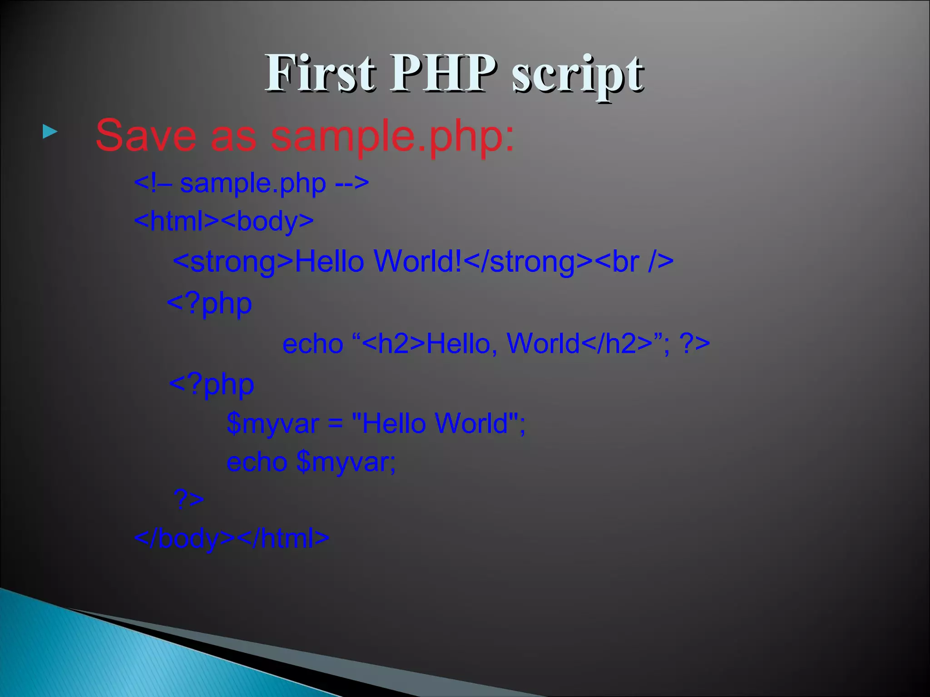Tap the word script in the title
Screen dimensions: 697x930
point(578,75)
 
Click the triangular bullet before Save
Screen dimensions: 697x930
point(50,132)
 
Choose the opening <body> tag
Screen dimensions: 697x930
point(268,221)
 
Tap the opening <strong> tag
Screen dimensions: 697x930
point(233,262)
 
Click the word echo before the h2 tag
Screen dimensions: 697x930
point(312,344)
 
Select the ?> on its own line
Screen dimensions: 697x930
point(189,500)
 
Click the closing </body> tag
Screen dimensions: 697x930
point(184,539)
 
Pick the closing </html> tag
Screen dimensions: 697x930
point(283,539)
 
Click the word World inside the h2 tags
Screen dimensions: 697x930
point(543,344)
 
